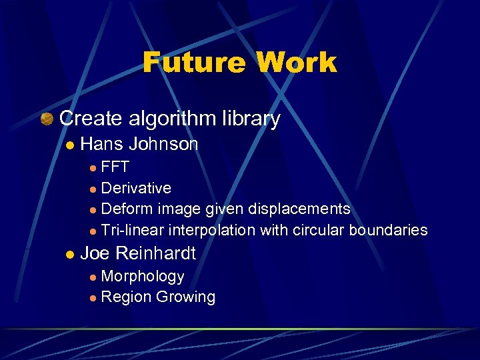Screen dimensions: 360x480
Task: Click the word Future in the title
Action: point(194,63)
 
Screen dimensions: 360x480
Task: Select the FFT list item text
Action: point(115,167)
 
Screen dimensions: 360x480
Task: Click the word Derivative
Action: point(136,188)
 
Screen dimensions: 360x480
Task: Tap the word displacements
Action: point(299,209)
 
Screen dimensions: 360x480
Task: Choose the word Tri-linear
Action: point(132,230)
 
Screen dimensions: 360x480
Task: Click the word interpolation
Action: point(211,230)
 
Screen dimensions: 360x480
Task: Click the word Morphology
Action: point(142,276)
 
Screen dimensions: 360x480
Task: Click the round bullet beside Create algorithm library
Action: point(46,119)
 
